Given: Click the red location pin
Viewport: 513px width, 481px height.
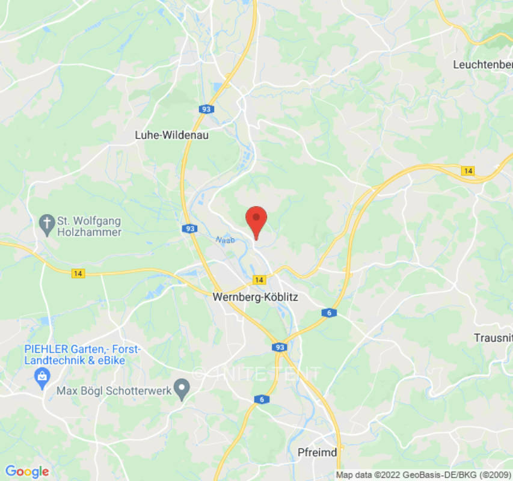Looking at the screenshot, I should tap(257, 220).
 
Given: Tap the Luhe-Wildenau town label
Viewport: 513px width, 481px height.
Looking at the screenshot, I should tap(171, 136).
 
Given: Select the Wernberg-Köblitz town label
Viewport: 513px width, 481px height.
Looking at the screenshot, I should tap(256, 297).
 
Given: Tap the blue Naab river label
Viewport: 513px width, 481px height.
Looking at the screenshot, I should tap(225, 239).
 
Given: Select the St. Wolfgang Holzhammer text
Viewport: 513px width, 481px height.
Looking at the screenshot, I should tap(89, 227).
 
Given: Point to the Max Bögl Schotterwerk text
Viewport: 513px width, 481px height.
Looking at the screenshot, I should tap(114, 391).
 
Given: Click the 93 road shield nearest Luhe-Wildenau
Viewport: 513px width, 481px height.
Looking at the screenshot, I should tap(207, 109).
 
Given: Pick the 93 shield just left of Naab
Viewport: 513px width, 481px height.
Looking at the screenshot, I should tap(190, 228).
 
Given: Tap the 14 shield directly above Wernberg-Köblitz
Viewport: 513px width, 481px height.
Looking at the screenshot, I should tap(259, 280).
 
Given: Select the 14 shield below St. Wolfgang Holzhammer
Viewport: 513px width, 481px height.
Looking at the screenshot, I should tap(77, 274).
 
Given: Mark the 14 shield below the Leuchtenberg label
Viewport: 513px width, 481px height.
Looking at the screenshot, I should tap(468, 171).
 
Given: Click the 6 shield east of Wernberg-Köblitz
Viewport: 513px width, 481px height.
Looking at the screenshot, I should tap(328, 313).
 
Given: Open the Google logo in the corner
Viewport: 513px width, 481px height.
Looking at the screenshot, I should tap(26, 472).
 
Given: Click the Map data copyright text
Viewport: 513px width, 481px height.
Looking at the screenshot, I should tap(423, 475).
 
